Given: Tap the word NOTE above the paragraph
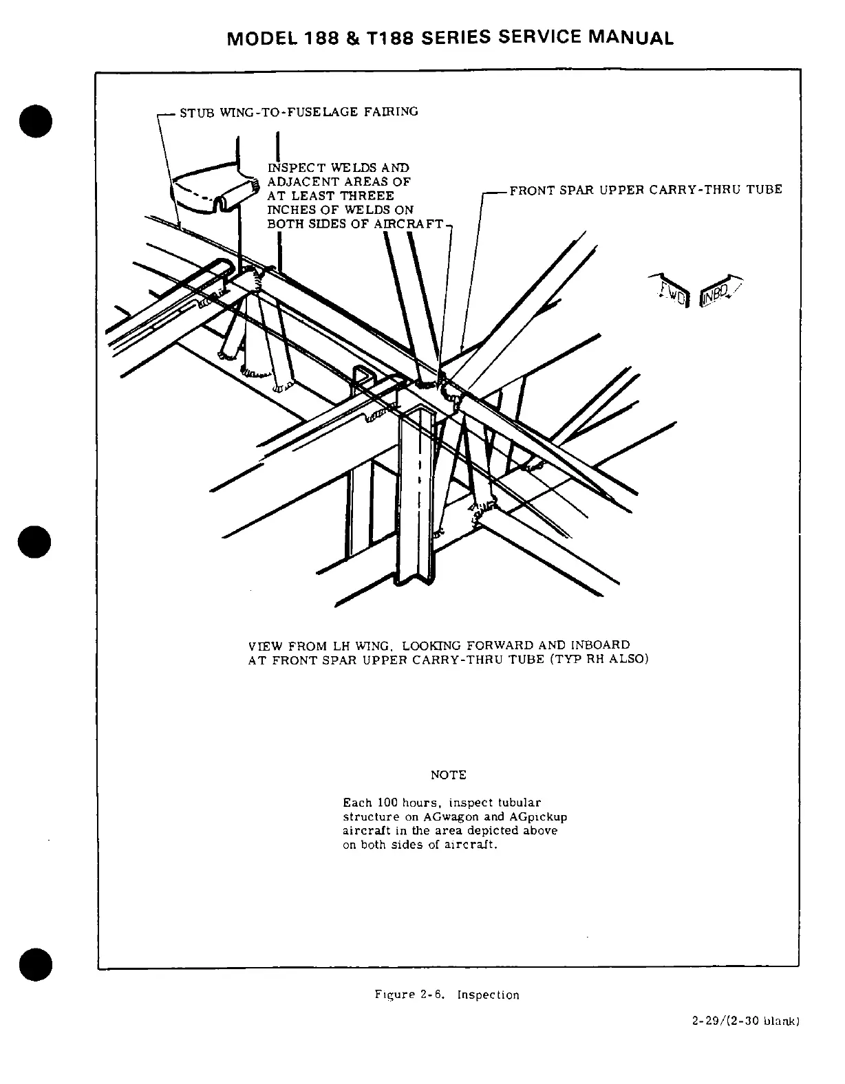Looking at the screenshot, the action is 448,775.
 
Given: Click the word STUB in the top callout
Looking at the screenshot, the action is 194,112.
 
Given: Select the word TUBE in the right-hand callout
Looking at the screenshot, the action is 764,189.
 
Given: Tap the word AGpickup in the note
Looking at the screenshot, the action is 539,817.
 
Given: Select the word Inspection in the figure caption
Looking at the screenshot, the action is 488,995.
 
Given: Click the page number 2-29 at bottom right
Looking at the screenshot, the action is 707,1041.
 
